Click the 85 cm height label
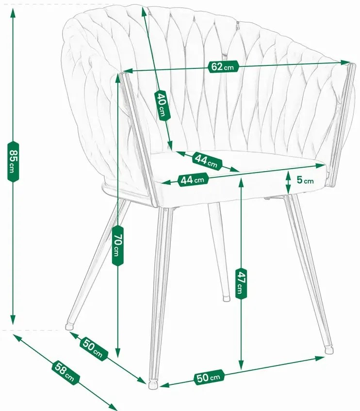13,161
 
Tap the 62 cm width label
223,67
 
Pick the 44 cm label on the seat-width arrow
193,179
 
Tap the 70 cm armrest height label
117,246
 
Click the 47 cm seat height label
241,284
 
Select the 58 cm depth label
65,372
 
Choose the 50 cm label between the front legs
209,378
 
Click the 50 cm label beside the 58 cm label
93,348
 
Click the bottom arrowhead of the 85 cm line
13,320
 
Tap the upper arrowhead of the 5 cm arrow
288,174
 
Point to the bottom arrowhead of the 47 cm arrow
241,364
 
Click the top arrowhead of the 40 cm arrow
144,11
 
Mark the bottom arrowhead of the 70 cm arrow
118,352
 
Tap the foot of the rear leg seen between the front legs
226,299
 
